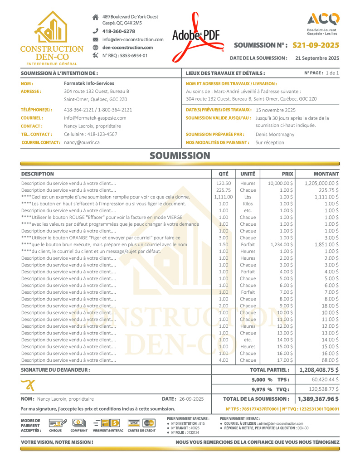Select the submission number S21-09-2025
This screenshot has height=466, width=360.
316,45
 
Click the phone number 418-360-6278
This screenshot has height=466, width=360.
118,31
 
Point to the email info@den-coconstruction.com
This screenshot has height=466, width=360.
133,39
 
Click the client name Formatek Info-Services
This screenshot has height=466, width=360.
89,83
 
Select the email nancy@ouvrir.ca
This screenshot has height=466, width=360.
82,142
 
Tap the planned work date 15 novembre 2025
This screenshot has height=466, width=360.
275,110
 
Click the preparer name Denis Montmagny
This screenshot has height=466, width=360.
275,134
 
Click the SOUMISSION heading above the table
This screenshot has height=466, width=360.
180,156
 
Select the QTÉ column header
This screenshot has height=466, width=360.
224,174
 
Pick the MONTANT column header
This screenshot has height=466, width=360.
326,174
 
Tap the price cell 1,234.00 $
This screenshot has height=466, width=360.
280,244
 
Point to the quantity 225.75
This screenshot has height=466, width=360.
224,190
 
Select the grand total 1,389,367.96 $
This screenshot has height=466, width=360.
318,399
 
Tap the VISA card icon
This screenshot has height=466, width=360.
134,422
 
